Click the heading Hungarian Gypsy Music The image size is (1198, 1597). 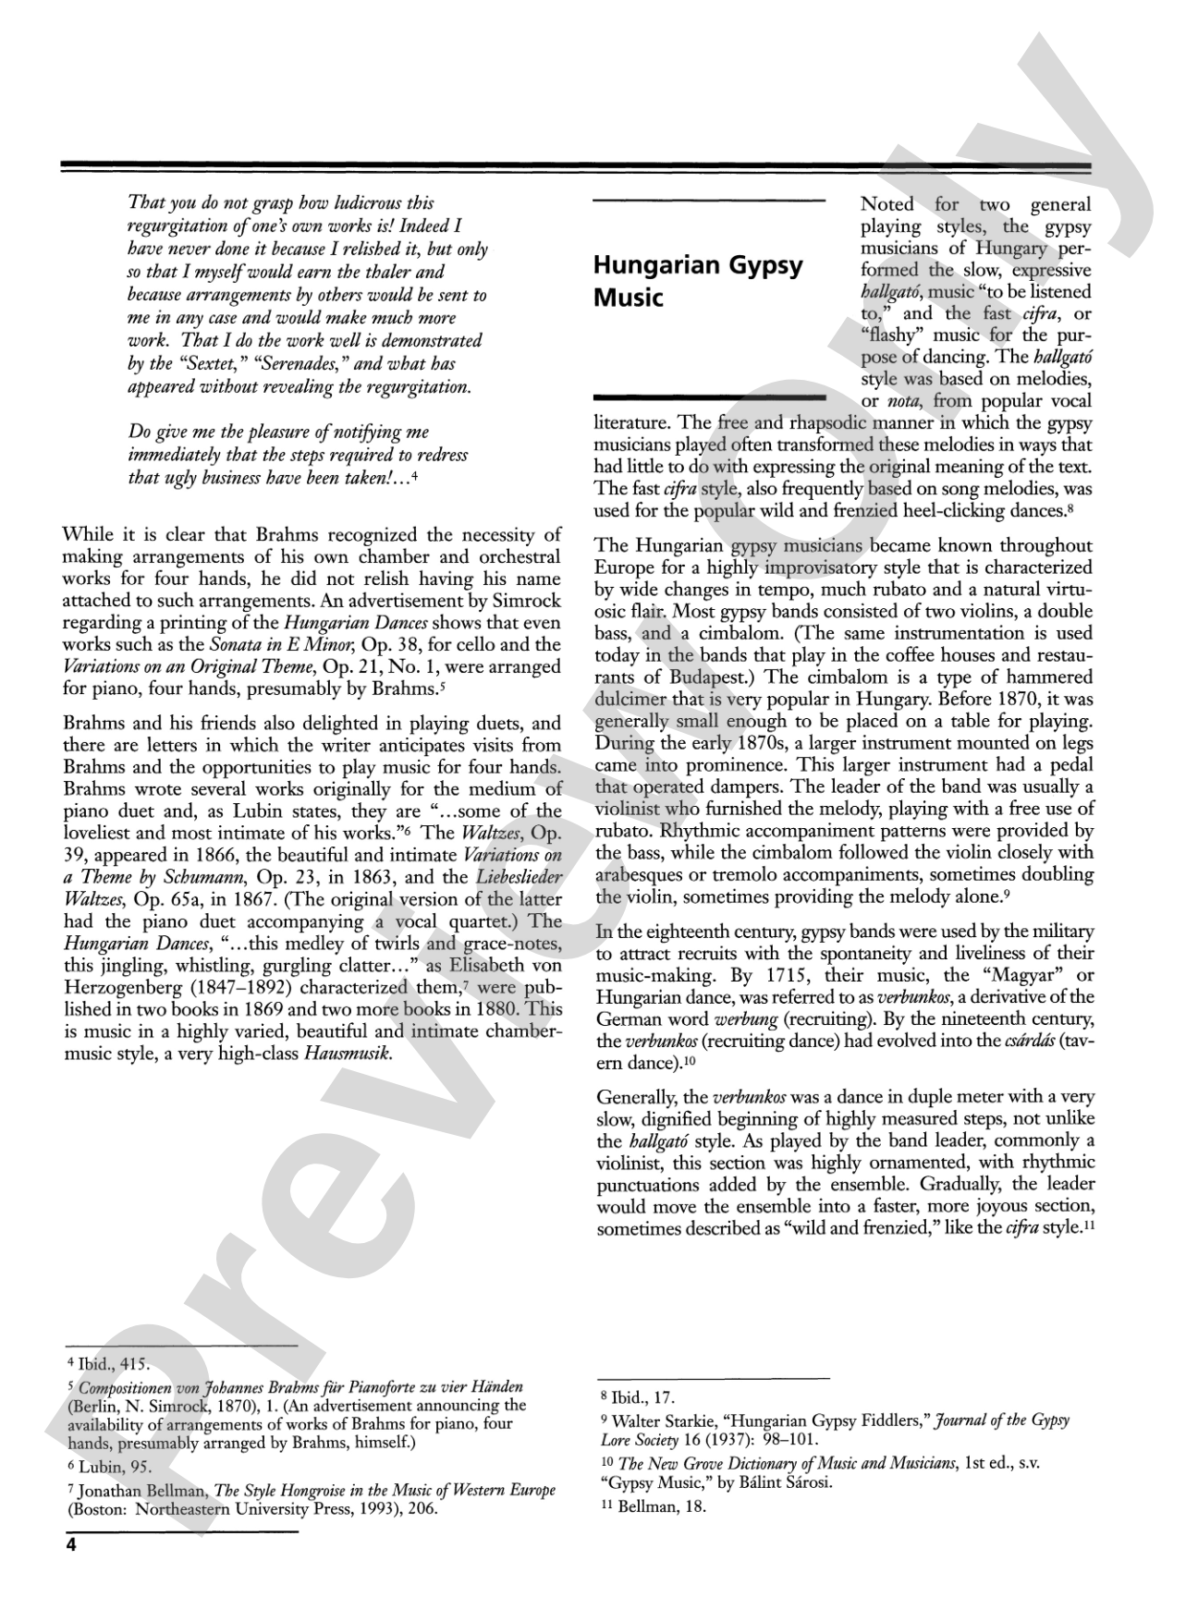coord(697,281)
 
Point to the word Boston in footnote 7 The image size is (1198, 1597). coord(101,1510)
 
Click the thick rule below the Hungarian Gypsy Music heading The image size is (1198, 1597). coord(709,397)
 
